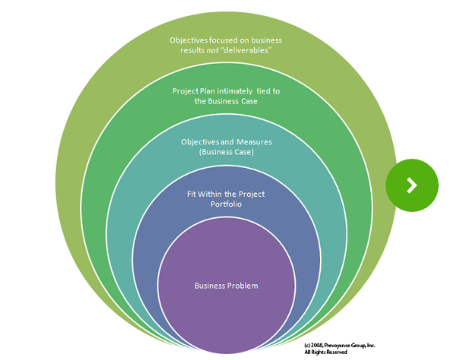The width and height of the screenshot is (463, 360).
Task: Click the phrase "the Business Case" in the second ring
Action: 226,101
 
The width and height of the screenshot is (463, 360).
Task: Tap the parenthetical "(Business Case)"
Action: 226,152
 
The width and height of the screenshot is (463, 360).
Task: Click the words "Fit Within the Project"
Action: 226,194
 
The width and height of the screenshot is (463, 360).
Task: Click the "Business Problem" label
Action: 226,286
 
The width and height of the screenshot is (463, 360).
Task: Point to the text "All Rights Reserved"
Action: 325,352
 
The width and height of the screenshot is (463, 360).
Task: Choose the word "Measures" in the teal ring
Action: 251,142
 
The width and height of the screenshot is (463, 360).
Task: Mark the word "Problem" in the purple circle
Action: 243,286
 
